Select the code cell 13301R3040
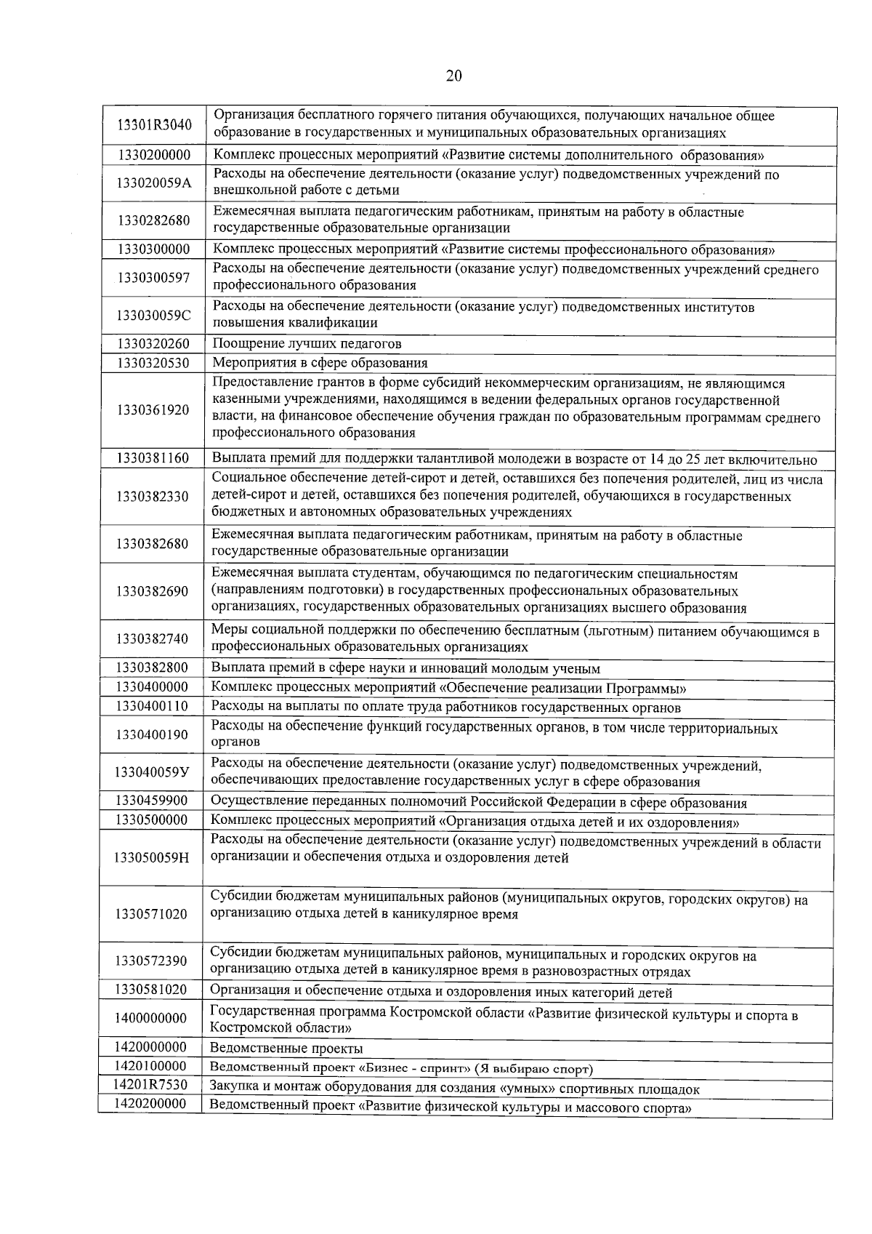coord(154,125)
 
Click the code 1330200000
coord(153,155)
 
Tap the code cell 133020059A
coord(154,183)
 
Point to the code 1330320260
coord(153,343)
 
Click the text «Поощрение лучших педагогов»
coord(307,343)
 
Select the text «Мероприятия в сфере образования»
coord(320,363)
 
